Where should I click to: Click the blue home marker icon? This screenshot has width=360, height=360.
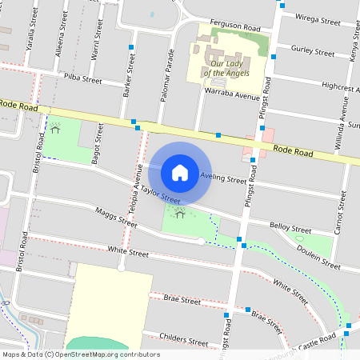coord(180,172)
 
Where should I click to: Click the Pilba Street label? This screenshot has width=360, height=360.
coord(83,80)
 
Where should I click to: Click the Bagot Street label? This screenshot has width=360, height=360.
coord(97,144)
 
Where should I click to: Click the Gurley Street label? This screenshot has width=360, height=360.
coord(313,52)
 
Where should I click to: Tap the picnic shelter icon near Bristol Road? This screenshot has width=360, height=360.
coord(54,127)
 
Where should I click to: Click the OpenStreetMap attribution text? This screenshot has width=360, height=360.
coord(80,354)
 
